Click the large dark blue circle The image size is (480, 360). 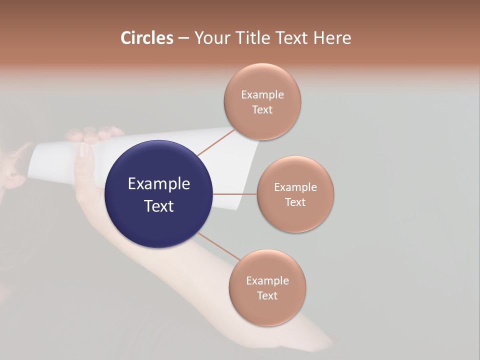click(159, 194)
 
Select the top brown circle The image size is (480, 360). click(262, 102)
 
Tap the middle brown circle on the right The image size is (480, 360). click(295, 194)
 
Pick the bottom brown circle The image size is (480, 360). click(267, 287)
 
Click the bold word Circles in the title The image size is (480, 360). click(146, 38)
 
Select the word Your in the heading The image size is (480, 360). click(211, 38)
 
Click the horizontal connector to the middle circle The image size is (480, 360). click(235, 194)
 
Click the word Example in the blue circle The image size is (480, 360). click(159, 184)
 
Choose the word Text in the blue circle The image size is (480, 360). click(159, 206)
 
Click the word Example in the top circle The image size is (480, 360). click(262, 95)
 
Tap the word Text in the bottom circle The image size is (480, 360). click(267, 295)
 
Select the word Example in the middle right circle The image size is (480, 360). click(295, 187)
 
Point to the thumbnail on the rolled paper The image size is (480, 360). click(84, 150)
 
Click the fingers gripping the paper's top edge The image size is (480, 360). click(95, 134)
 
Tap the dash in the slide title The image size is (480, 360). click(183, 38)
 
